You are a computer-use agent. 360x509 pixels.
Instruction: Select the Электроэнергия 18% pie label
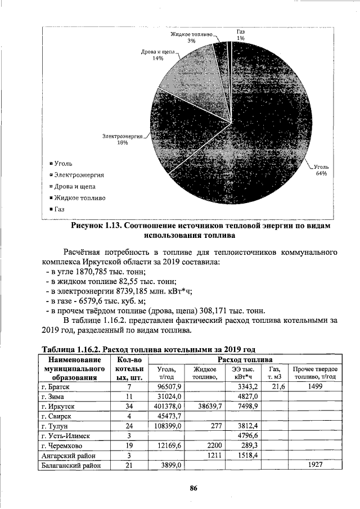click(x=122, y=139)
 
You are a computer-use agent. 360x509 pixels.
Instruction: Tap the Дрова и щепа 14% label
click(x=158, y=55)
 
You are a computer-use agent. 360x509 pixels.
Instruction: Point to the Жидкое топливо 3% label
click(x=191, y=37)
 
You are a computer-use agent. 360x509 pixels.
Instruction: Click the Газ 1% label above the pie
click(x=240, y=34)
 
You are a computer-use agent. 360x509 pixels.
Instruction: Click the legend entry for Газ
click(x=60, y=209)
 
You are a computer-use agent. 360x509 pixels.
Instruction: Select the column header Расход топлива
click(x=246, y=359)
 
